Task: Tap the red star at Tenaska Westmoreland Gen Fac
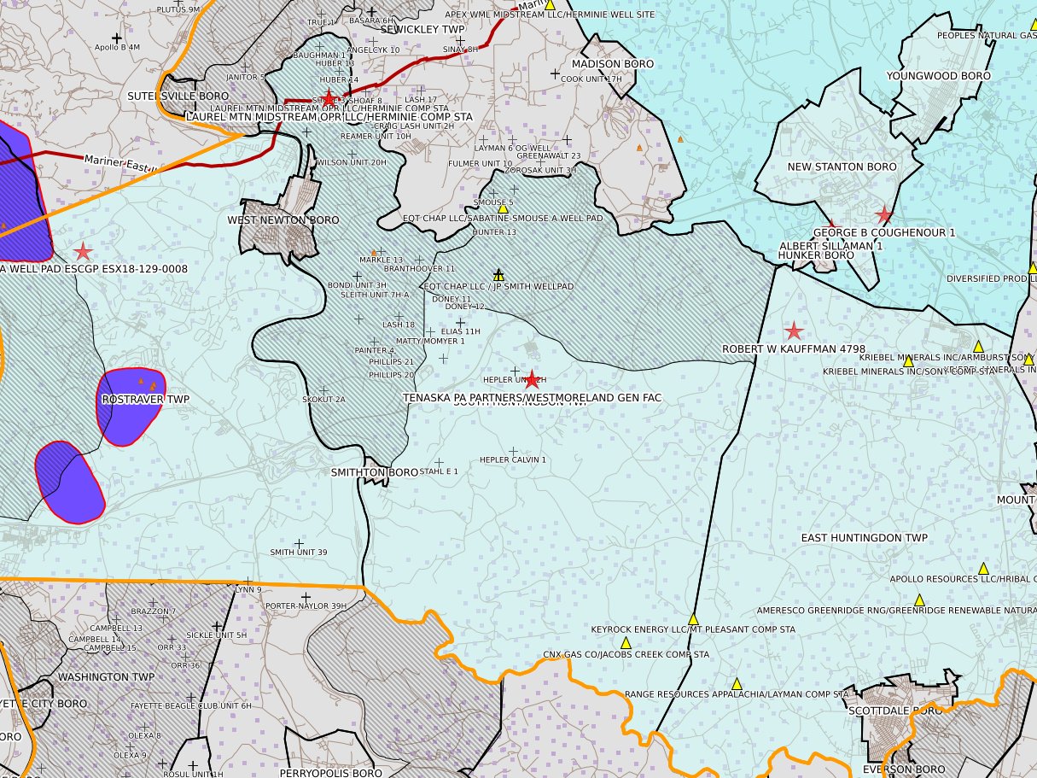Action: (x=533, y=380)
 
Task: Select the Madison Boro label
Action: (x=612, y=65)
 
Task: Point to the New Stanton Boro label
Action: (x=842, y=167)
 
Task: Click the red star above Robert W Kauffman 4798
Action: (x=794, y=331)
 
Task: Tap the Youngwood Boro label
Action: (x=938, y=76)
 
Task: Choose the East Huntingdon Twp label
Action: (x=864, y=538)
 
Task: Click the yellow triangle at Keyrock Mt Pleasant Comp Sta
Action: (x=693, y=619)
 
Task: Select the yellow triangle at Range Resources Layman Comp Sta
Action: (x=737, y=683)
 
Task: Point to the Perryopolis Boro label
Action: (x=330, y=773)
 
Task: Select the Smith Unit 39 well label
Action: (x=299, y=553)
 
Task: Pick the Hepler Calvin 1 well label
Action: (x=512, y=460)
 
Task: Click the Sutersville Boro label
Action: (x=178, y=97)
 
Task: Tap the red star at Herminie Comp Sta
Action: (x=329, y=99)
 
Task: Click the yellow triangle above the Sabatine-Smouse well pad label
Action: (x=503, y=208)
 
